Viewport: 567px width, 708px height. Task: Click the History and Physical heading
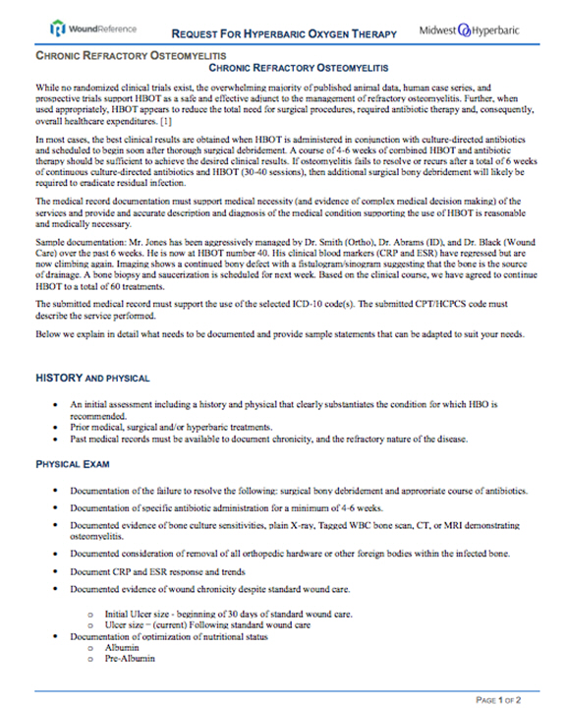(x=92, y=377)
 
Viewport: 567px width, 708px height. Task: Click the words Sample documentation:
(x=79, y=238)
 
